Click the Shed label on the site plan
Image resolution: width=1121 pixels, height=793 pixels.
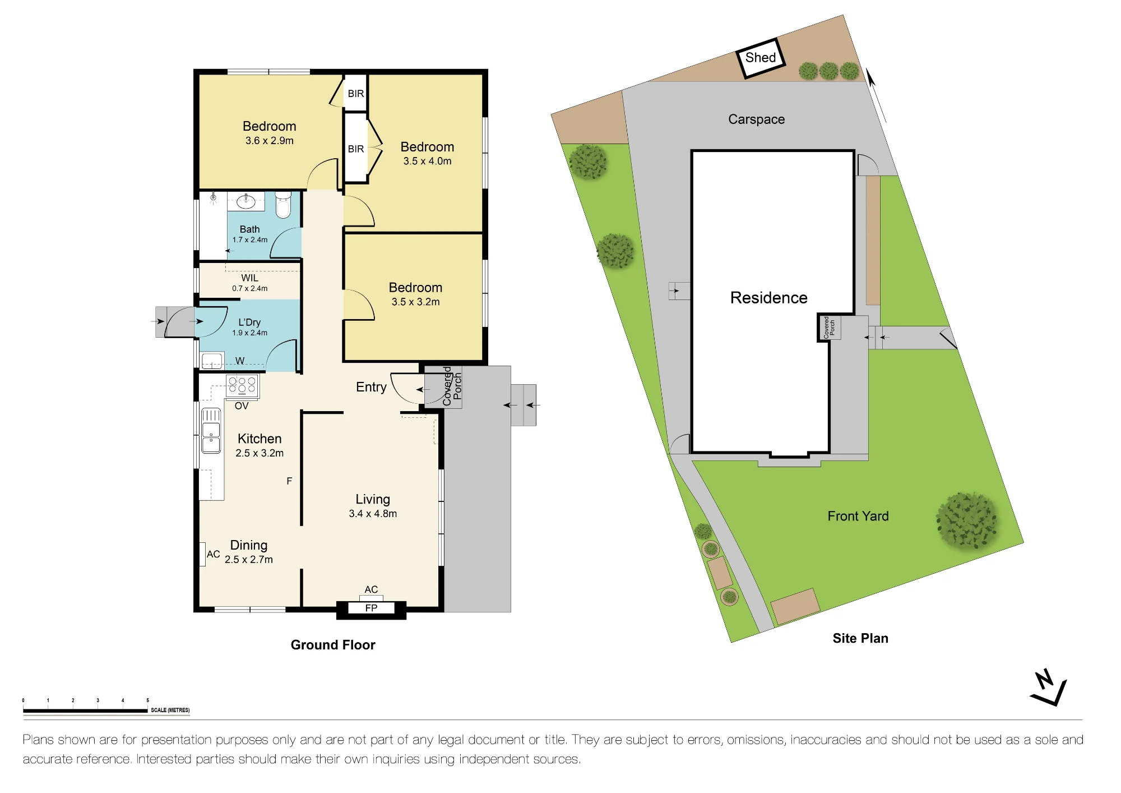(761, 57)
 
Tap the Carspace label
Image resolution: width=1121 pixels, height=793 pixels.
(756, 119)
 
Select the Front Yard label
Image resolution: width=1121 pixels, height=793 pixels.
(858, 516)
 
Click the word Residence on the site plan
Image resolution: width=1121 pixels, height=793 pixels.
(768, 298)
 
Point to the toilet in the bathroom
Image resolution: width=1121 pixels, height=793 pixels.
(283, 205)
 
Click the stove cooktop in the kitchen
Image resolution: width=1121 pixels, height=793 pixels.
(242, 386)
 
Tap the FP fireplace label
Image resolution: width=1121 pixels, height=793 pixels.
(371, 608)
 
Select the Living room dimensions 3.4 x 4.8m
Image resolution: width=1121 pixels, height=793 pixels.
(373, 514)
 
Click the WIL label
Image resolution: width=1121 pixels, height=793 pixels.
(250, 278)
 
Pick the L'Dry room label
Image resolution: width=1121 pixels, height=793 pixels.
(249, 322)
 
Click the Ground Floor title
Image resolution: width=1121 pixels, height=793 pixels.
(333, 645)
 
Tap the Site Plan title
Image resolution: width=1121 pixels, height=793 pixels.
(860, 638)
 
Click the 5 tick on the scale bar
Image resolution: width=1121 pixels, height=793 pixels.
(148, 700)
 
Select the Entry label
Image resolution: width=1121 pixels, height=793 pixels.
(371, 387)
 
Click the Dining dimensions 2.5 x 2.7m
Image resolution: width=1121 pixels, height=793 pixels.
(249, 560)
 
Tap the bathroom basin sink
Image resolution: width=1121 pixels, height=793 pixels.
(246, 201)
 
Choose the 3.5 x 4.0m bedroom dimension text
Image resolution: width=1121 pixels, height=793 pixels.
(427, 162)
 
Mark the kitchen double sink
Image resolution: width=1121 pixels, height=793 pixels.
(211, 431)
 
